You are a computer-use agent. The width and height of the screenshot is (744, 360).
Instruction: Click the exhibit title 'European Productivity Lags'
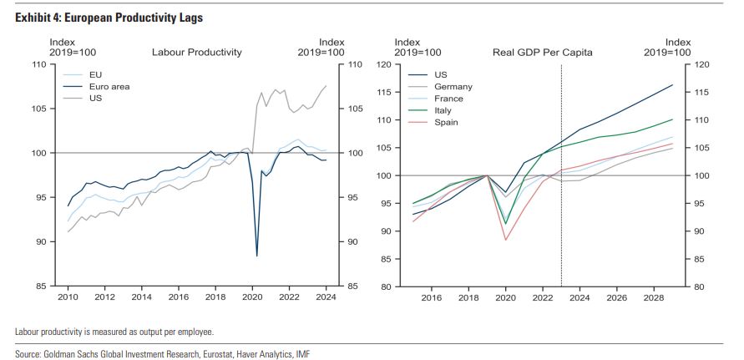[109, 18]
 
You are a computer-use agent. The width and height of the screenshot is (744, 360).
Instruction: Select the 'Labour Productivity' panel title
[196, 52]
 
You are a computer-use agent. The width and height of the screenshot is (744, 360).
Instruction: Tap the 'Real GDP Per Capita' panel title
[543, 52]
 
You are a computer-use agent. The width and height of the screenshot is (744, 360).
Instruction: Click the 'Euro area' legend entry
[109, 86]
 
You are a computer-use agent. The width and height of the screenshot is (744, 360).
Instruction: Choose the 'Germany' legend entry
[453, 86]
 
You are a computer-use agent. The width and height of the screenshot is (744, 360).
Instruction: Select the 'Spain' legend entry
[447, 122]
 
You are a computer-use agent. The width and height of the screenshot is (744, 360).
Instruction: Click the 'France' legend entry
[449, 99]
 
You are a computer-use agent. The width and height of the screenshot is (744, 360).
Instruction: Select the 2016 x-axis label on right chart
[431, 297]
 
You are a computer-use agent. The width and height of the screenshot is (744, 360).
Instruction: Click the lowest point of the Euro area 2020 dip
[256, 256]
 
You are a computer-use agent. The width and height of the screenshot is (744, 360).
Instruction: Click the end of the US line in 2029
[672, 84]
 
